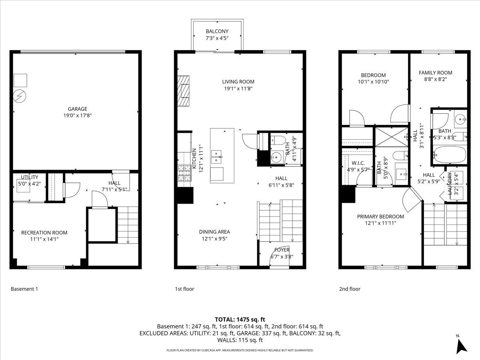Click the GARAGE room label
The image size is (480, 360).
(78, 109)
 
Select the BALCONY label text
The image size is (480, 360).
(217, 31)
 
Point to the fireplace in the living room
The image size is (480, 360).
(183, 91)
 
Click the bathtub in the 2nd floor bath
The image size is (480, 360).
(450, 154)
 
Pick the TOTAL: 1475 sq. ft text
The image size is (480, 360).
(240, 320)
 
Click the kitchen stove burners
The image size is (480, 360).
(184, 173)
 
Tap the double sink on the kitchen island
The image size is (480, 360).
(216, 157)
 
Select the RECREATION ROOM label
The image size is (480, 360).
(44, 232)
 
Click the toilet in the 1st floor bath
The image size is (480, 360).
(278, 140)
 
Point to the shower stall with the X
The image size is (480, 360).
(392, 137)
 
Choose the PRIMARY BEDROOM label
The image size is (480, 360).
(380, 217)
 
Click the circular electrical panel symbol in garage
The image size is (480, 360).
(20, 96)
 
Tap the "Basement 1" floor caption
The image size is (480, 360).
(24, 289)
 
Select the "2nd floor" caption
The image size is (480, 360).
(350, 289)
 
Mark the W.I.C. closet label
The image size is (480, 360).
(358, 163)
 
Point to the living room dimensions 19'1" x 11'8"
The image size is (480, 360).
(238, 88)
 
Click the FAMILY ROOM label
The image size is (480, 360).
(435, 73)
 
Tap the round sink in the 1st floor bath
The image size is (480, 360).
(276, 157)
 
